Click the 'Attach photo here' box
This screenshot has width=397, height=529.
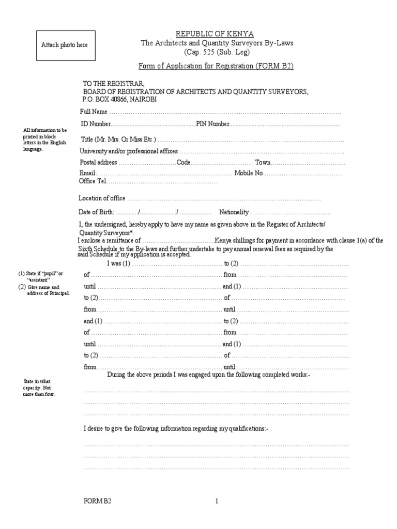coord(65,45)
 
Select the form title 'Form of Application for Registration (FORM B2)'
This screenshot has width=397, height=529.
coord(217,66)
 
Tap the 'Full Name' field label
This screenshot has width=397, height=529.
coord(93,112)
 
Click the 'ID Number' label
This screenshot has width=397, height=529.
coord(96,124)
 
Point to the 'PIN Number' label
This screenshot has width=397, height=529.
coord(212,124)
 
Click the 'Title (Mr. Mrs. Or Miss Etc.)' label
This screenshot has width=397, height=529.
coord(118,139)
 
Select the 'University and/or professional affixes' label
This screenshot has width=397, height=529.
coord(128,151)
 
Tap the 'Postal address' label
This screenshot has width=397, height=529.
coord(98,162)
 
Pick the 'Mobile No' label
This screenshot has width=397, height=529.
coord(249,174)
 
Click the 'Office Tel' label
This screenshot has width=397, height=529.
coord(91,181)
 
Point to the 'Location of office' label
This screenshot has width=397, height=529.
coord(102,198)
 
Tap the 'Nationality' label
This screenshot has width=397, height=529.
coord(234,212)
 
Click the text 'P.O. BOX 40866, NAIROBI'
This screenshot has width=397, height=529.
coord(120,99)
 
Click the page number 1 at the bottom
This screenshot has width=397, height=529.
coord(217,501)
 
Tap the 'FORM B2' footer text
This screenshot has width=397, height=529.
coord(97,501)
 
